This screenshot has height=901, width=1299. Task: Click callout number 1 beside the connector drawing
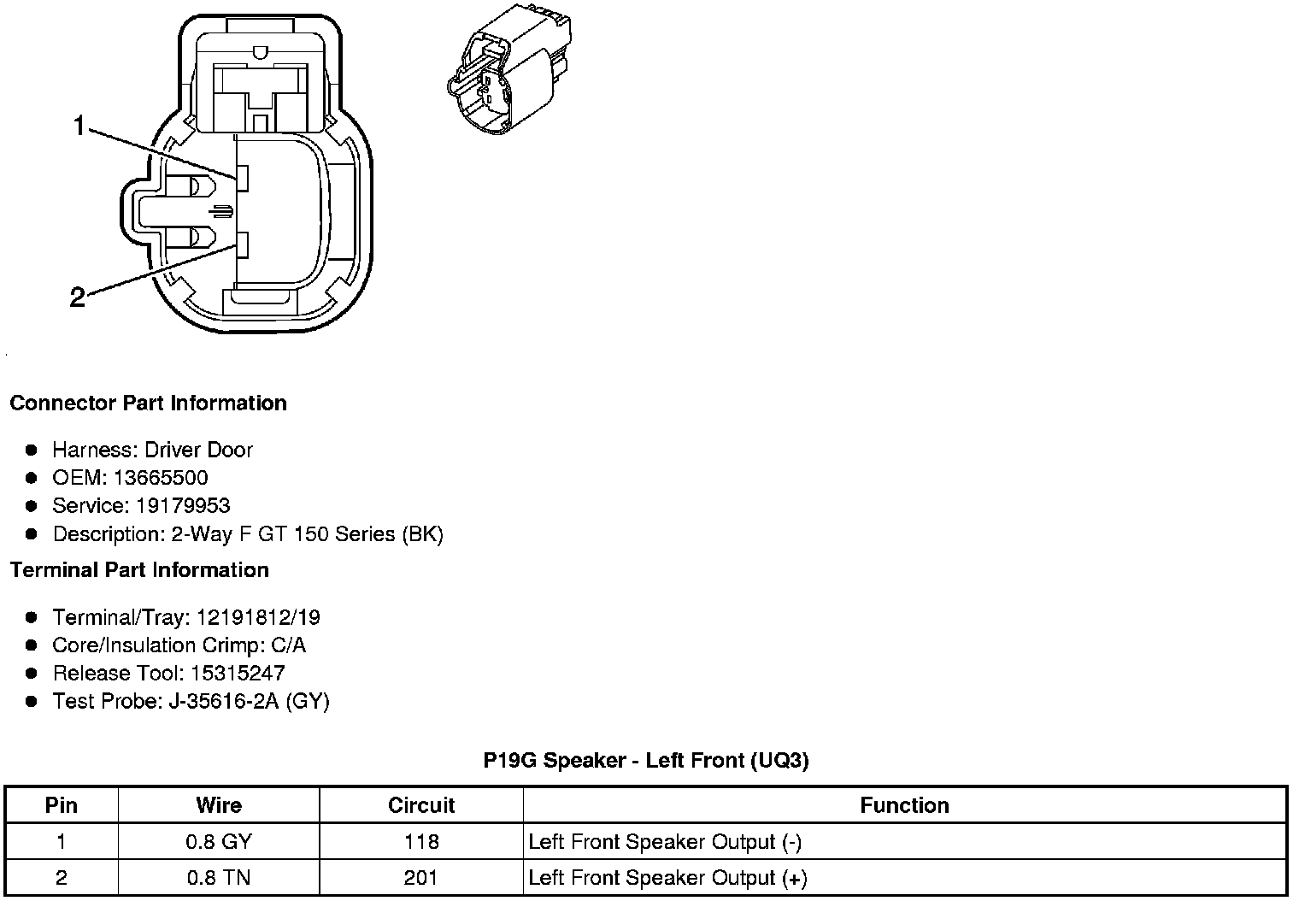(x=79, y=127)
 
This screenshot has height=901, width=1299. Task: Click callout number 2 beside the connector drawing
(x=77, y=297)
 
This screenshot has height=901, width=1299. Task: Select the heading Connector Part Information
(x=148, y=403)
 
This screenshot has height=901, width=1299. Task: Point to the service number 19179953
(x=183, y=506)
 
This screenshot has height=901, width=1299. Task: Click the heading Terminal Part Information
(x=139, y=570)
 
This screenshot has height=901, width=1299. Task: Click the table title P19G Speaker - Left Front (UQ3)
(x=645, y=760)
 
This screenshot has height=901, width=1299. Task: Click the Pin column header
(x=62, y=805)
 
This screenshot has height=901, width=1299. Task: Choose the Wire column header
(x=219, y=805)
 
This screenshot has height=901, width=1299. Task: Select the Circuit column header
(x=421, y=805)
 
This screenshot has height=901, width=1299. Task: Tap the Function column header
(x=904, y=805)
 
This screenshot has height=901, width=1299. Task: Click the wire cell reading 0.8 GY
(x=219, y=842)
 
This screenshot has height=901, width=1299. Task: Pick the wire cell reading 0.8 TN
(x=219, y=878)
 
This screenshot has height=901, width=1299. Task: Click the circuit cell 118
(x=421, y=842)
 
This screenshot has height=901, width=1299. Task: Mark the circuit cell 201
(x=421, y=878)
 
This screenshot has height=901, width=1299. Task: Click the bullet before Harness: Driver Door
(x=32, y=450)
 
